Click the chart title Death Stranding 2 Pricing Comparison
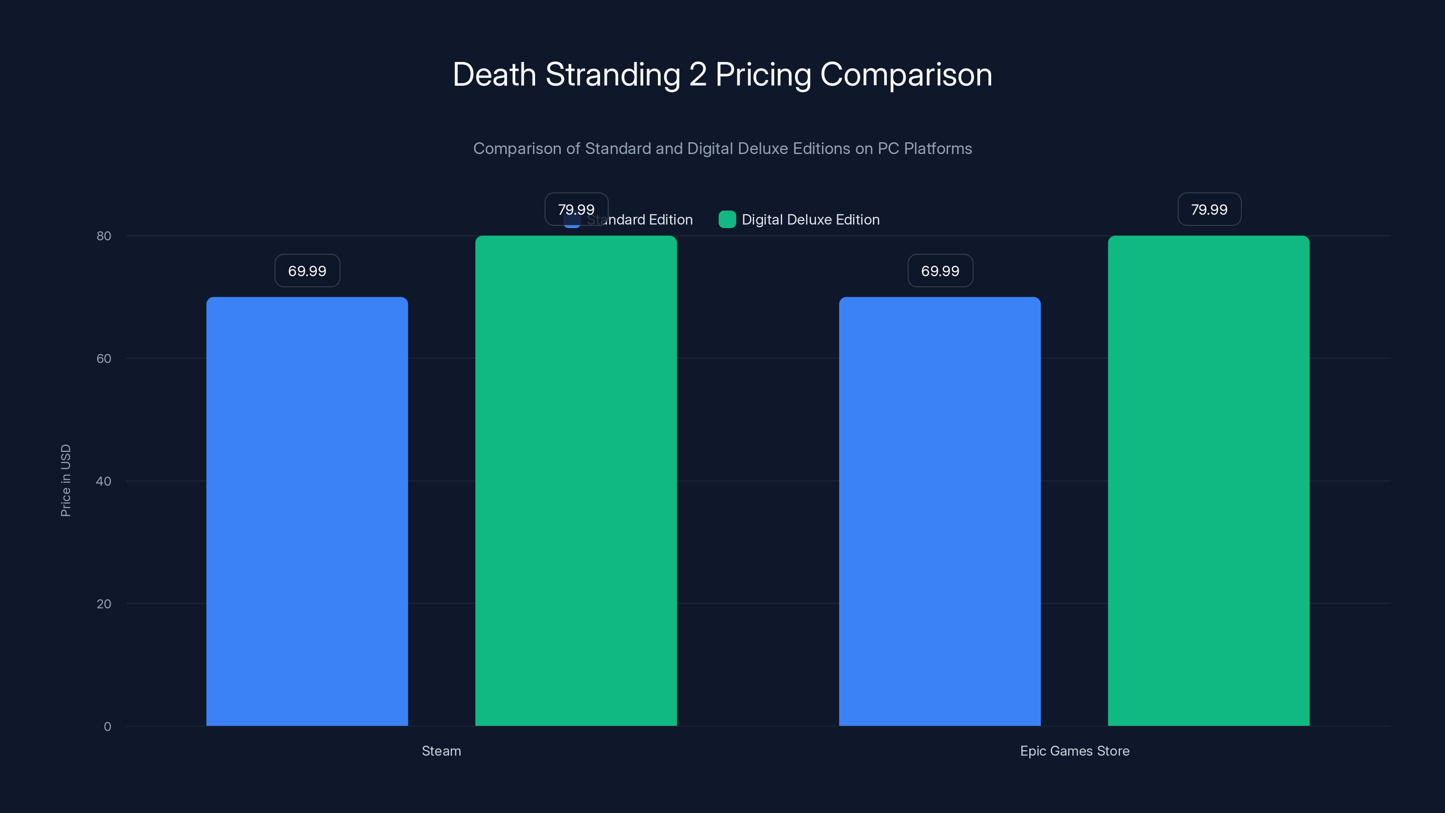722,75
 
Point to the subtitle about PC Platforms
722,149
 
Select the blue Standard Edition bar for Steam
307,510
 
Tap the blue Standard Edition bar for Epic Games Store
940,510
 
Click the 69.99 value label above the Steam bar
307,271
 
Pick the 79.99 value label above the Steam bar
576,209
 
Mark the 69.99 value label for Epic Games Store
940,271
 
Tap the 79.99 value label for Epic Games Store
1209,209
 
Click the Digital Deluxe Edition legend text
810,220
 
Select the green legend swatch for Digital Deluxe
727,220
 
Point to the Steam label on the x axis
442,751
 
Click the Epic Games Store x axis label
1074,751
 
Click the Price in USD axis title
65,480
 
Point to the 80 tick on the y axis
104,236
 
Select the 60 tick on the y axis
104,359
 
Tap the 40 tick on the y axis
104,481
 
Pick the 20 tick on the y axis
104,604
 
